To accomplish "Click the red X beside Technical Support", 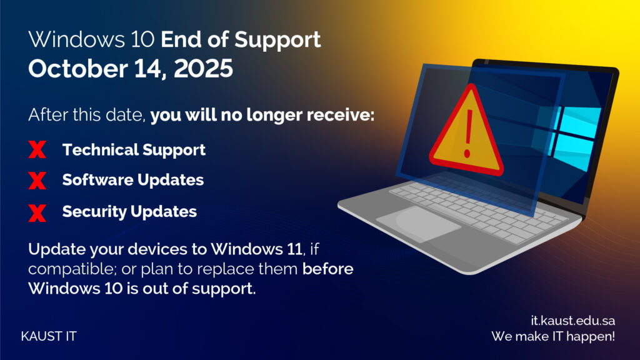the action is coord(37,149).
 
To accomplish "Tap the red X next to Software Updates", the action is coord(37,181).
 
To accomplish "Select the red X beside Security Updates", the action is coord(37,213).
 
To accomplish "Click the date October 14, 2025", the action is coord(131,69).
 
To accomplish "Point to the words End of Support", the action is coord(241,39).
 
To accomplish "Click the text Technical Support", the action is coord(134,150).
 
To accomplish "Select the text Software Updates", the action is coord(133,180).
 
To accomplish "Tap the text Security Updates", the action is coord(129,211).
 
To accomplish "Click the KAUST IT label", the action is coord(49,336).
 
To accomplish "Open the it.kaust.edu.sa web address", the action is coord(573,321).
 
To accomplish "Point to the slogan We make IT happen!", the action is coord(553,336).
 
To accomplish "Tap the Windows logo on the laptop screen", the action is coord(570,137).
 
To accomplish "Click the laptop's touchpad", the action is coord(418,224).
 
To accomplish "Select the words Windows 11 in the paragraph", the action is coord(256,249).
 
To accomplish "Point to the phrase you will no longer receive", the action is coord(262,115).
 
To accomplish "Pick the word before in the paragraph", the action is coord(327,269).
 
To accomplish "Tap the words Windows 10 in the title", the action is coord(91,39).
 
